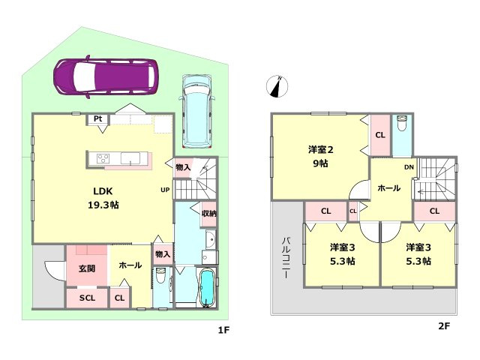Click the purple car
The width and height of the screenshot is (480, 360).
pos(106,76)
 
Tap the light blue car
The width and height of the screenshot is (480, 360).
pos(196,112)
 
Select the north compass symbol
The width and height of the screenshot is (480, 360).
pos(277,86)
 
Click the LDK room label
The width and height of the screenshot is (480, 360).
pos(103,198)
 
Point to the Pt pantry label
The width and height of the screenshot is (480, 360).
pos(98,118)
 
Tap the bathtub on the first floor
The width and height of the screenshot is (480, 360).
pos(208,287)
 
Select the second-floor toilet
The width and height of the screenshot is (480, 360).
pos(401,123)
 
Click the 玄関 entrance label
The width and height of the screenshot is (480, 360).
pos(87,268)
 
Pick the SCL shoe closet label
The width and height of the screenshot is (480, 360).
pos(87,298)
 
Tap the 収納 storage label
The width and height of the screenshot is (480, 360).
pos(209,213)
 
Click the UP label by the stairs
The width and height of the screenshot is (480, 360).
pos(165,190)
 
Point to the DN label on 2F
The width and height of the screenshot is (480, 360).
pos(409,167)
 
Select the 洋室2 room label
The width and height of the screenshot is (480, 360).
pos(320,150)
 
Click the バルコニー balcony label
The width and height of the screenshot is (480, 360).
pos(286,257)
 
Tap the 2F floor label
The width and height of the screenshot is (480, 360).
pos(444,326)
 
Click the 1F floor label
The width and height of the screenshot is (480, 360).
pos(223,330)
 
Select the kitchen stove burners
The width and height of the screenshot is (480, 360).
pos(103,158)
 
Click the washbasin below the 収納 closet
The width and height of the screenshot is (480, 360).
pos(211,239)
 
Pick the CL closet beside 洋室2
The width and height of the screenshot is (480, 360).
pos(380,135)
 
